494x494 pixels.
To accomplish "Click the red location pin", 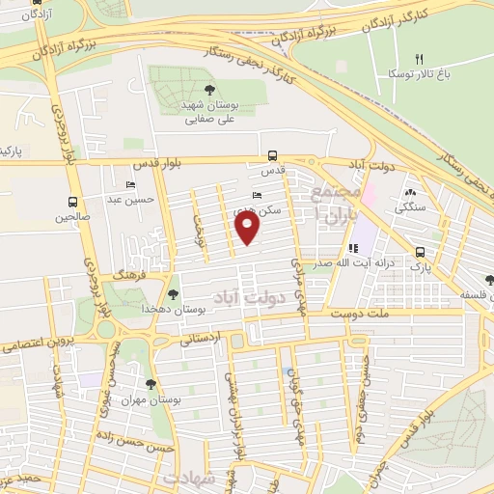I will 248,228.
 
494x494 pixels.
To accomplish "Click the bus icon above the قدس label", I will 273,154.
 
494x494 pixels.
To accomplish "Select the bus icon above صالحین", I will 73,202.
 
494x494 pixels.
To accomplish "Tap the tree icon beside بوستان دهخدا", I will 173,295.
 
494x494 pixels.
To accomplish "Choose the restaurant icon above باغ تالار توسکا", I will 407,58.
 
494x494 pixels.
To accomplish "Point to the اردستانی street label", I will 201,338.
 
